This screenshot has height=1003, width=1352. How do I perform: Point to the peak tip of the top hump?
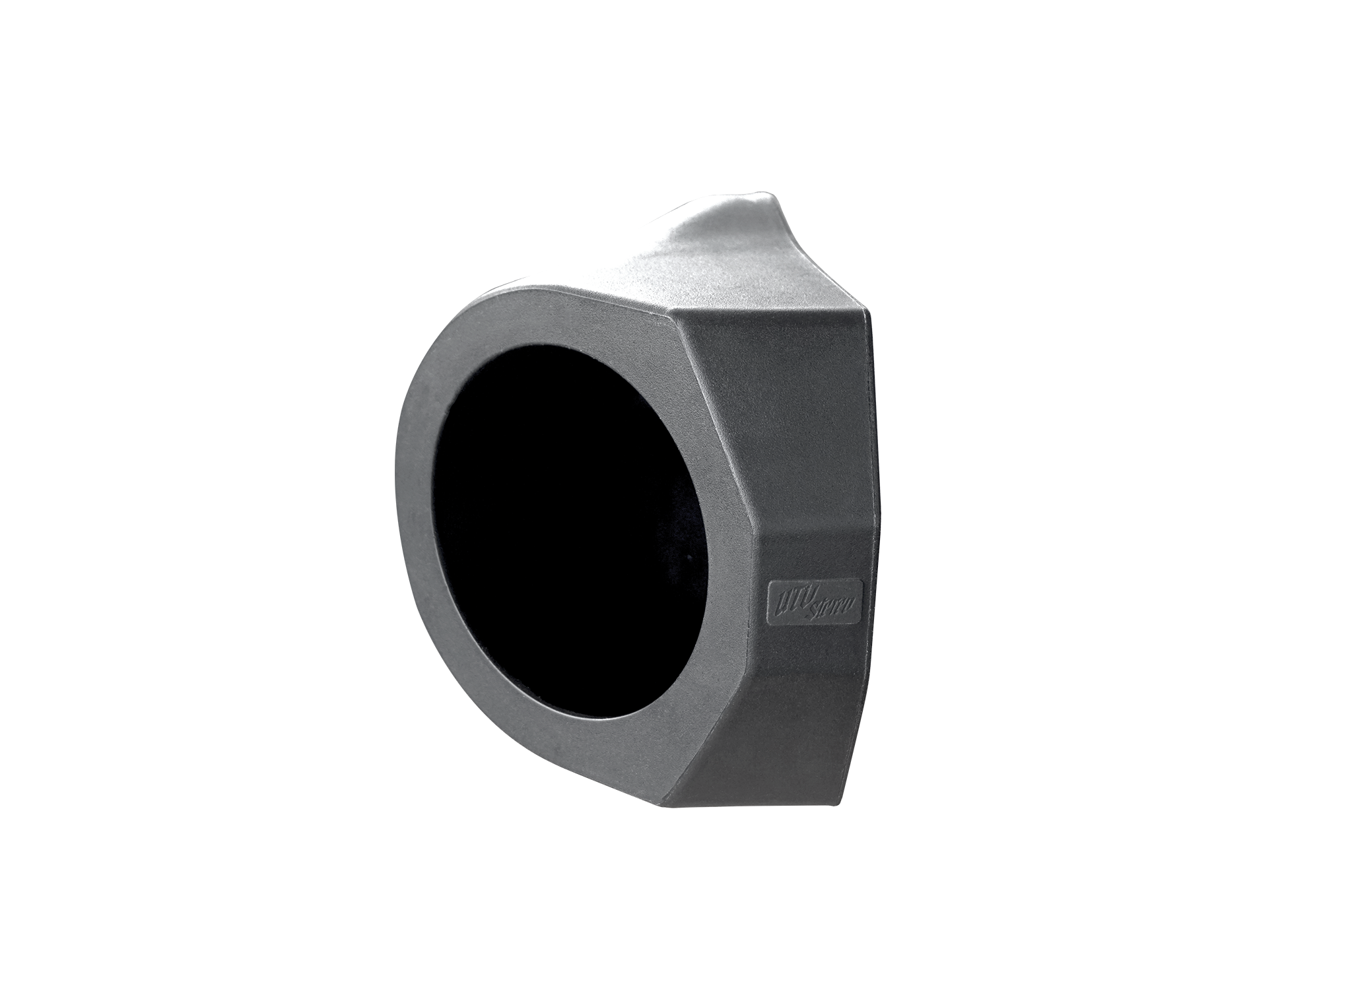coord(769,195)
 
